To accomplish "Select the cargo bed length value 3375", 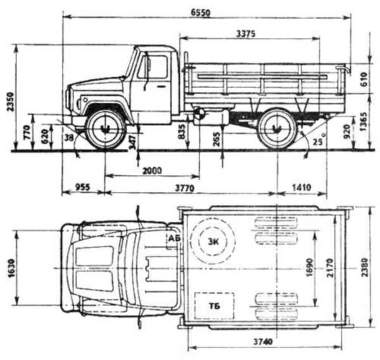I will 244,34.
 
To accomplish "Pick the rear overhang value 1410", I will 302,188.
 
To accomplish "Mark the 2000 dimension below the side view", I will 152,171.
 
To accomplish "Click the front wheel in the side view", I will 105,129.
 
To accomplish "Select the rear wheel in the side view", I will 277,129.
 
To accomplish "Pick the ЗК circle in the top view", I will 215,241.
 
